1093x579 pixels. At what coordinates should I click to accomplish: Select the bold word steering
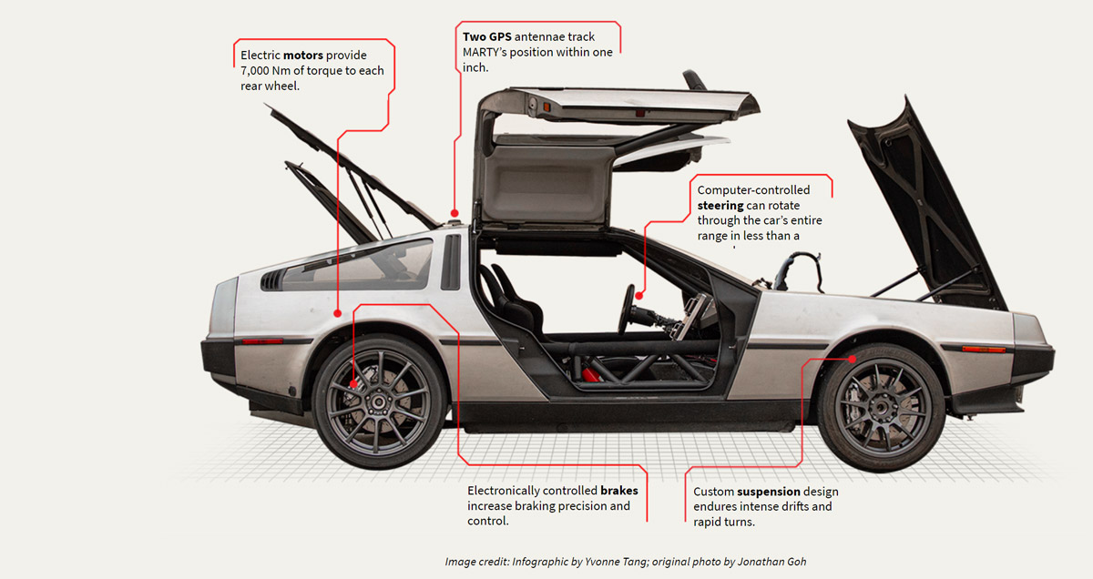click(x=720, y=205)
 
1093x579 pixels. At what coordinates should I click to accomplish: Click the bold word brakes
click(x=618, y=490)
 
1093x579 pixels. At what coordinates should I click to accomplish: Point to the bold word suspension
click(x=769, y=492)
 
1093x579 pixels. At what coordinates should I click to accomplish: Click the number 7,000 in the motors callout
click(x=259, y=71)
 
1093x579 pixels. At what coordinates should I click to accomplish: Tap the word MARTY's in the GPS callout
click(x=489, y=52)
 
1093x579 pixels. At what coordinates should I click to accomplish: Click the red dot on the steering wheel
click(x=639, y=295)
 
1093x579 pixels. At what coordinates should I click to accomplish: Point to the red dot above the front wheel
click(x=853, y=359)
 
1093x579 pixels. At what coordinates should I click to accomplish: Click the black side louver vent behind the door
click(x=450, y=261)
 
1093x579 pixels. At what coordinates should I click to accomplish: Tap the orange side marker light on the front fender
click(x=984, y=349)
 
